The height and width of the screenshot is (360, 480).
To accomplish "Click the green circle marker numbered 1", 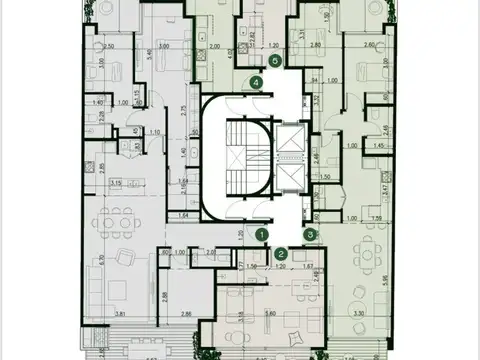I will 262,234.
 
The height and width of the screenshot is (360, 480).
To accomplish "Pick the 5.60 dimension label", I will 269,314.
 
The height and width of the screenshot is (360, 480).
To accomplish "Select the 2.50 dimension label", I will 109,46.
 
